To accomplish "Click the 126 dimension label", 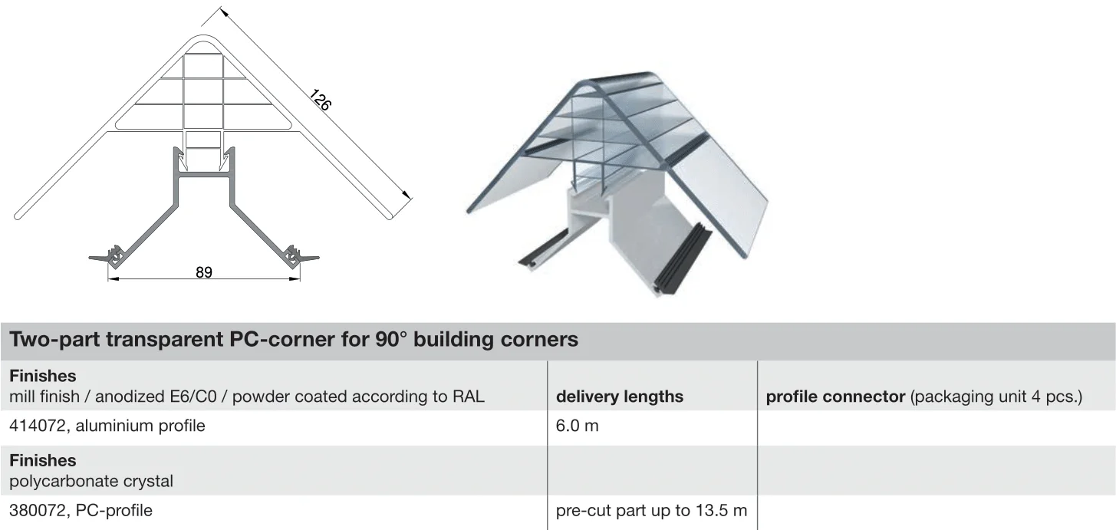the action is [x=320, y=100].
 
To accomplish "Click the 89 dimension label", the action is [x=204, y=272].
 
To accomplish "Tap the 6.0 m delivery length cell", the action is [x=577, y=426].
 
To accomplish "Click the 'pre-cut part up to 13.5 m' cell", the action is [x=651, y=511].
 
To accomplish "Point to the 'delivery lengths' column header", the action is [x=619, y=397].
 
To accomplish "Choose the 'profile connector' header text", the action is [x=835, y=397].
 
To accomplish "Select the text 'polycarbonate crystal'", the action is [x=91, y=481].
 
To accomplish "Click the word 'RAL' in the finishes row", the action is [x=469, y=397].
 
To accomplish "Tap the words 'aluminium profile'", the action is [x=140, y=426].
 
